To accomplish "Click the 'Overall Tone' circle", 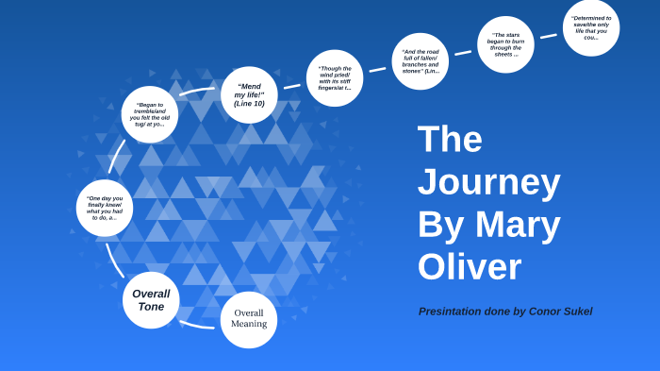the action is (151, 300).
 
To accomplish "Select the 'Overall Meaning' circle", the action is (249, 319).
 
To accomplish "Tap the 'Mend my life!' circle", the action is (249, 94).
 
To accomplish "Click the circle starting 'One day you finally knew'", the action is (105, 208).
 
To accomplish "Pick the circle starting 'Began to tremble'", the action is (149, 115).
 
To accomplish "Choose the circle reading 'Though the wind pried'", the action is (335, 77).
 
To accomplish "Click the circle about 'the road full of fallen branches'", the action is (420, 61).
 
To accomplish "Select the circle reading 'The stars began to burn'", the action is (505, 44).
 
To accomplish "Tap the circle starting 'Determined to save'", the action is (591, 27).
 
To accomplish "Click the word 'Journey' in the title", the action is (488, 182).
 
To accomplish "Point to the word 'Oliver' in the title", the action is (469, 267).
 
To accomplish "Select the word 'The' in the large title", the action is (450, 140).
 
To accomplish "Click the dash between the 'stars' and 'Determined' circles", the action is (548, 36).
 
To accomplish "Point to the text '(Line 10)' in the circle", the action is (250, 103).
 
